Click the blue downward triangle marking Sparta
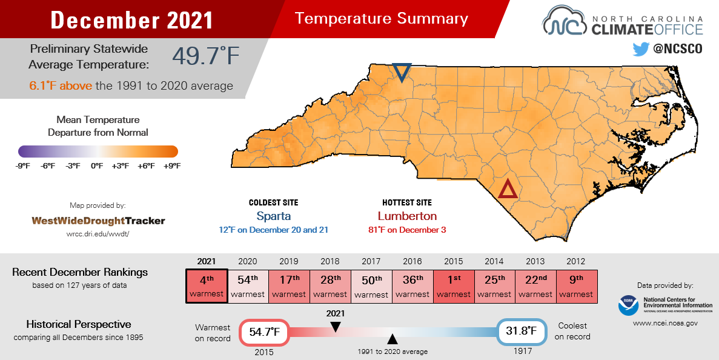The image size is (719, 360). point(401,72)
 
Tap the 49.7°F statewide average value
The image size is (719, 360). point(206,56)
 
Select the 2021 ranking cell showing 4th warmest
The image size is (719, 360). point(207,285)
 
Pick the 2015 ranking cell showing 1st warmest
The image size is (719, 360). point(454,285)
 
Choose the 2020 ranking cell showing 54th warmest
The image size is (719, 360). point(248,285)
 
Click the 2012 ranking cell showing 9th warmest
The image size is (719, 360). point(576,285)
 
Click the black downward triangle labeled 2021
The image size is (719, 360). point(336,327)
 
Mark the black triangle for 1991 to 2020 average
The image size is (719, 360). point(393,339)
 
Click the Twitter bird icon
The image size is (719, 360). point(640,49)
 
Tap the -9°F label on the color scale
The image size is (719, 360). point(24,165)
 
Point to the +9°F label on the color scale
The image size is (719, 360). point(171,165)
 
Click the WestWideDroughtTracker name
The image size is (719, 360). point(98,221)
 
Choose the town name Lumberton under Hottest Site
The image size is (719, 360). point(407,216)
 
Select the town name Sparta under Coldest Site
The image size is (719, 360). point(273,216)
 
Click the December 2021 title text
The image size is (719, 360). point(132,20)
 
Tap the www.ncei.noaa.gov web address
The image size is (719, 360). point(665,324)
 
